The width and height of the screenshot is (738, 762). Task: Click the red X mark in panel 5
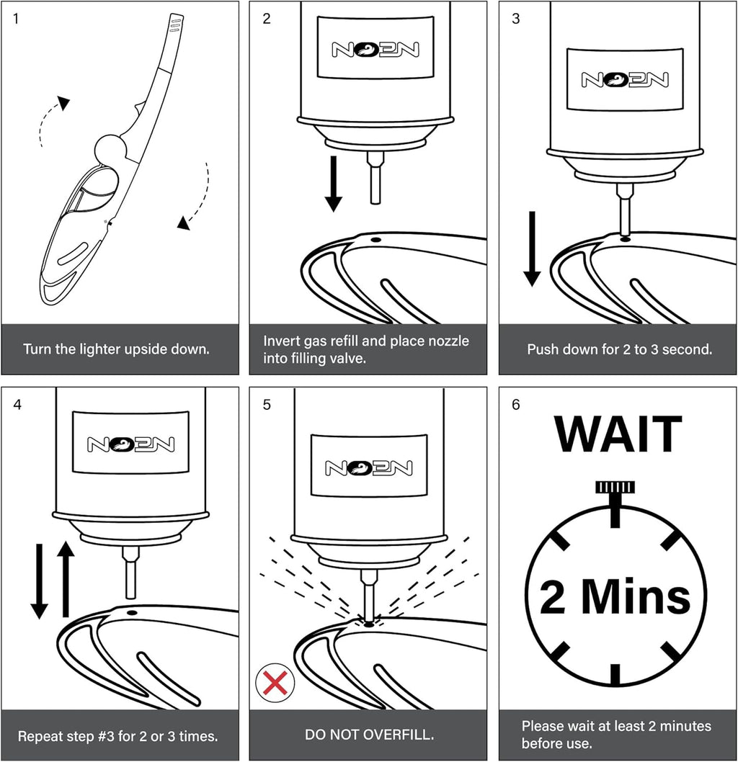pyautogui.click(x=275, y=683)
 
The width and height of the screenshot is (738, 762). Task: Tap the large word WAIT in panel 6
pyautogui.click(x=618, y=434)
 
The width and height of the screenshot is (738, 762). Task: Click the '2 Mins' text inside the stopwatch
pyautogui.click(x=615, y=596)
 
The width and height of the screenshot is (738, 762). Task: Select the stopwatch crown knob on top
pyautogui.click(x=615, y=488)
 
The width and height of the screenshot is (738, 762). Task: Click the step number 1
pyautogui.click(x=16, y=19)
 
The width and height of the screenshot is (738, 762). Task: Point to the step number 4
pyautogui.click(x=17, y=404)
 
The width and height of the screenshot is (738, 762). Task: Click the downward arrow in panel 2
pyautogui.click(x=334, y=184)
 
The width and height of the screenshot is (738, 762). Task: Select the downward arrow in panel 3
pyautogui.click(x=532, y=248)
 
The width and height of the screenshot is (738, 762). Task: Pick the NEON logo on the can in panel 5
pyautogui.click(x=369, y=468)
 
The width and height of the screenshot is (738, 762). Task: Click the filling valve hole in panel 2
pyautogui.click(x=375, y=240)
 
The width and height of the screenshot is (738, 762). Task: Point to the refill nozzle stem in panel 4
pyautogui.click(x=130, y=572)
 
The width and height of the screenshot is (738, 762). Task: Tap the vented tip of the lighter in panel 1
pyautogui.click(x=174, y=23)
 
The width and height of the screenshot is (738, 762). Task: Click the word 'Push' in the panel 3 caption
pyautogui.click(x=540, y=349)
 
